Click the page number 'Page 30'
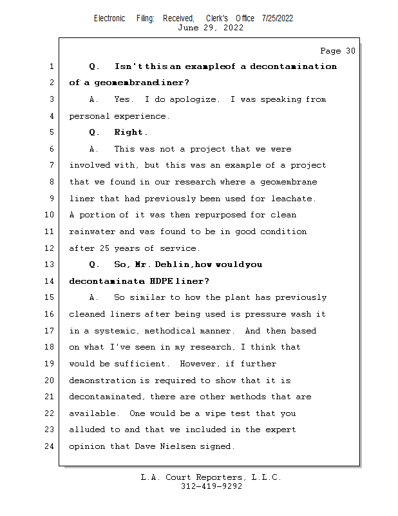(x=337, y=50)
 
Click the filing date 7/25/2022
(x=278, y=18)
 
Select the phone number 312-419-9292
(x=211, y=486)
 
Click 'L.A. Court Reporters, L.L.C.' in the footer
(x=211, y=477)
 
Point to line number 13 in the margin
(x=52, y=264)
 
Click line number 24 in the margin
(x=52, y=446)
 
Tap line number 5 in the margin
(x=52, y=132)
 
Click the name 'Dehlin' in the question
(x=172, y=264)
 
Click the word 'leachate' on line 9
(x=293, y=199)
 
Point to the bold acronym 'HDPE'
(x=160, y=281)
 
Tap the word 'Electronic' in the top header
(x=109, y=18)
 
